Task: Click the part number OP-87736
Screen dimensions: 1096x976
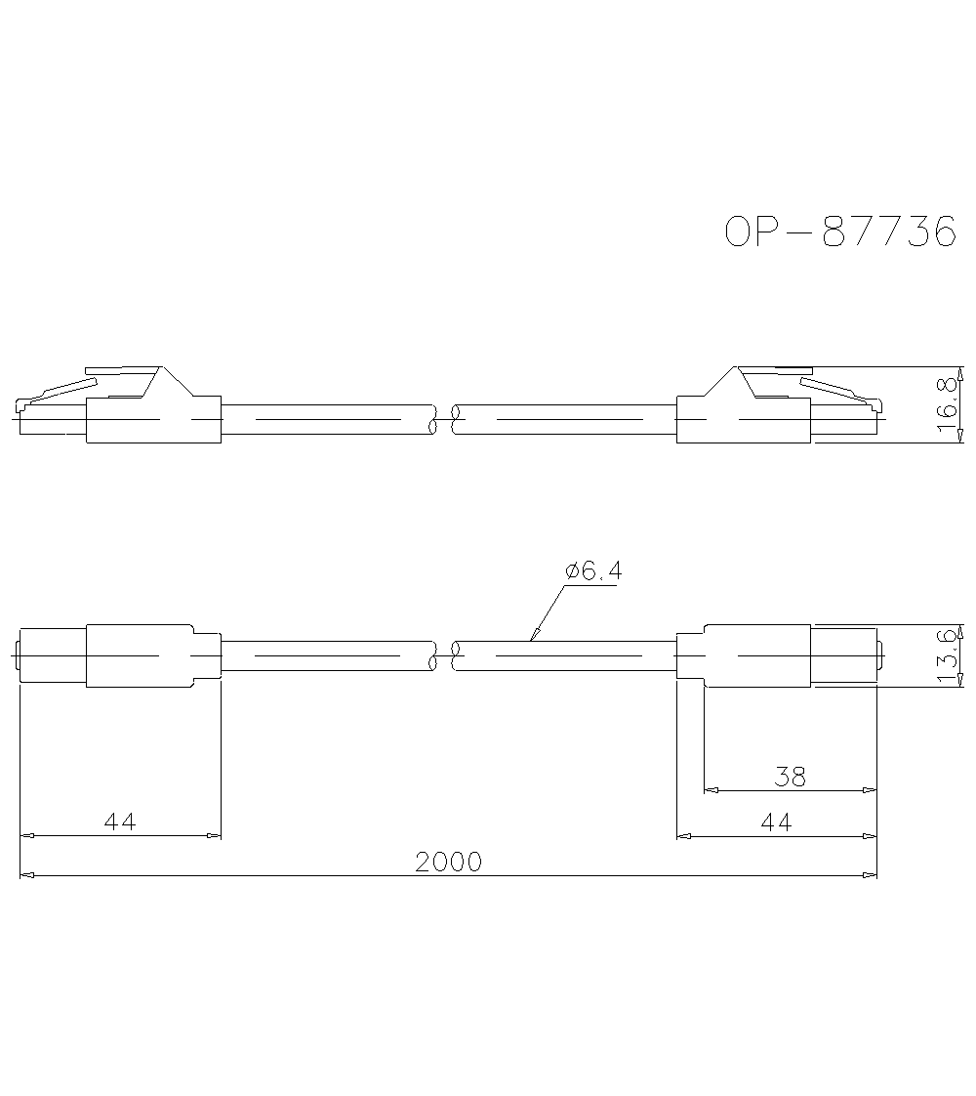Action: pos(839,232)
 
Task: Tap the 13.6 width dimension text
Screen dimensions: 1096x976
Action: pos(947,656)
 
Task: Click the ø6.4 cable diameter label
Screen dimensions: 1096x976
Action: pos(592,571)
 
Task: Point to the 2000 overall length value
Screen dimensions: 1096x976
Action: pos(448,863)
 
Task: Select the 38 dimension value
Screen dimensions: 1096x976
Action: pos(790,777)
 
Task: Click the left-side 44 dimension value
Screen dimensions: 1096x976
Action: pos(120,822)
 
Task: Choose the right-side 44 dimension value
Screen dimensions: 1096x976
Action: pos(776,822)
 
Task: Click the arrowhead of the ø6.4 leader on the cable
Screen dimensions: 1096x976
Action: pos(534,638)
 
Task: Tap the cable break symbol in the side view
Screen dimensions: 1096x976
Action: pos(444,420)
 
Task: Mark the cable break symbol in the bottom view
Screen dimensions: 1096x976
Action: pos(444,656)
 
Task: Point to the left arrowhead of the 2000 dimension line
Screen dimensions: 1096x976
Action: pos(26,875)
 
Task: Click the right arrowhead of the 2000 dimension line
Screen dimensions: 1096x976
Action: pos(871,875)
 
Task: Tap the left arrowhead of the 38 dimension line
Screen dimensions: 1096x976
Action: pos(711,790)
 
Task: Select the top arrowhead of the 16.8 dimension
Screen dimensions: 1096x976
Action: pos(962,372)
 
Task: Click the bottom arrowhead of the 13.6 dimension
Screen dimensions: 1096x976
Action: pos(962,682)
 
